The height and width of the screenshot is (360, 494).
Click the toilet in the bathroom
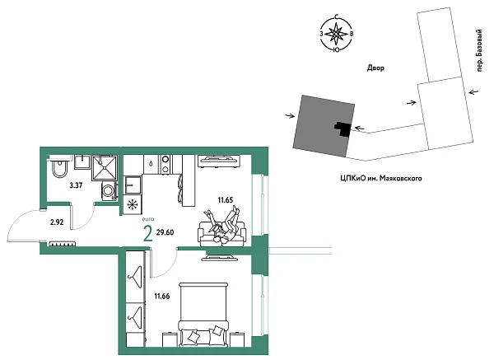[x=57, y=169]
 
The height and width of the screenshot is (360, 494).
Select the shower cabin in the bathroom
[x=105, y=167]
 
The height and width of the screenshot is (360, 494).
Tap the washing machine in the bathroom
[x=108, y=191]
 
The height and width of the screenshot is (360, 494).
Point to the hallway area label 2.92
[x=57, y=222]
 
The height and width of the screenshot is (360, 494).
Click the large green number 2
[x=147, y=234]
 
